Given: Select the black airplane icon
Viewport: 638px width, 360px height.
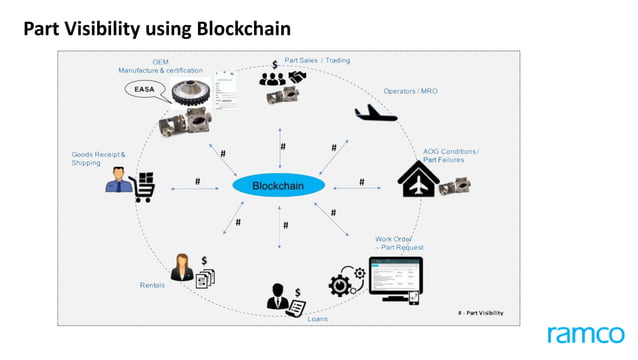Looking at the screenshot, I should coord(376,112).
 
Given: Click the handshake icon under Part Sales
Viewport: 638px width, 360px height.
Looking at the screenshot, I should coord(297,78).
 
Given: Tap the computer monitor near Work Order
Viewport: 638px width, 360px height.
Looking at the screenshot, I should coord(395,277).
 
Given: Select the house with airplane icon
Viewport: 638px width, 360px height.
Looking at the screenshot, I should coord(418,179).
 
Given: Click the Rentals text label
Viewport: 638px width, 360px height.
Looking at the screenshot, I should coord(152,285).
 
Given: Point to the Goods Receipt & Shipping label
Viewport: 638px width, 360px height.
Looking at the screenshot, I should coord(98,159).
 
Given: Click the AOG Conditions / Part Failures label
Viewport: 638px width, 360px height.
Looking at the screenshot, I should coord(450,155).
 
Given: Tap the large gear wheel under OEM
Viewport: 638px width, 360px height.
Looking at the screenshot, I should coord(191,96).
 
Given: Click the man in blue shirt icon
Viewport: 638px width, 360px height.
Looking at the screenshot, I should coord(118,183).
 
